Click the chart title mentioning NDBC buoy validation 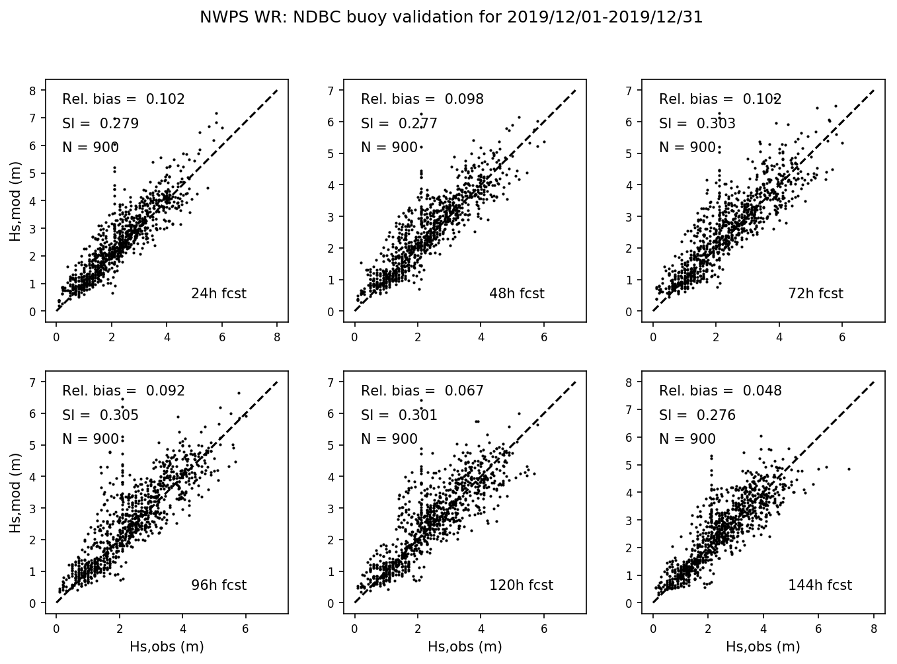click(x=451, y=18)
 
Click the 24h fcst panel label click(x=218, y=294)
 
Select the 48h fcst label click(x=516, y=294)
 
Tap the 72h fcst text click(x=815, y=294)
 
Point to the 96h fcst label click(x=218, y=585)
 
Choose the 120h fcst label click(x=521, y=585)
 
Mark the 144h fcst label click(x=820, y=585)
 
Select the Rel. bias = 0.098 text click(x=422, y=99)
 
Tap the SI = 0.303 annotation click(x=697, y=124)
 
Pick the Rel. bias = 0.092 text click(x=124, y=391)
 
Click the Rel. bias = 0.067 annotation click(x=422, y=391)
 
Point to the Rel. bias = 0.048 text click(x=721, y=391)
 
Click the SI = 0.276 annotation click(x=697, y=415)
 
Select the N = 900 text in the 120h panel click(x=389, y=439)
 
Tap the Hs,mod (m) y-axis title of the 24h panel click(x=16, y=205)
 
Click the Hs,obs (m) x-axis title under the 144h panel click(x=763, y=647)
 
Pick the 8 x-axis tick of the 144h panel click(x=874, y=628)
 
